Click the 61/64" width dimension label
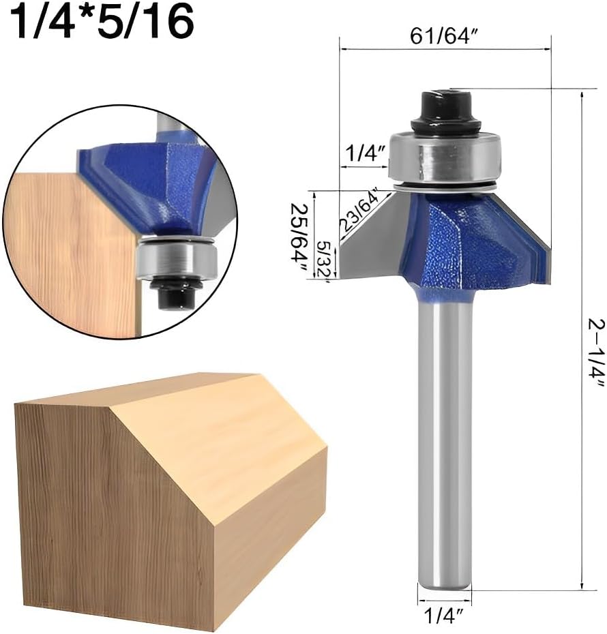click(444, 36)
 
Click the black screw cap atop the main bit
click(445, 110)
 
